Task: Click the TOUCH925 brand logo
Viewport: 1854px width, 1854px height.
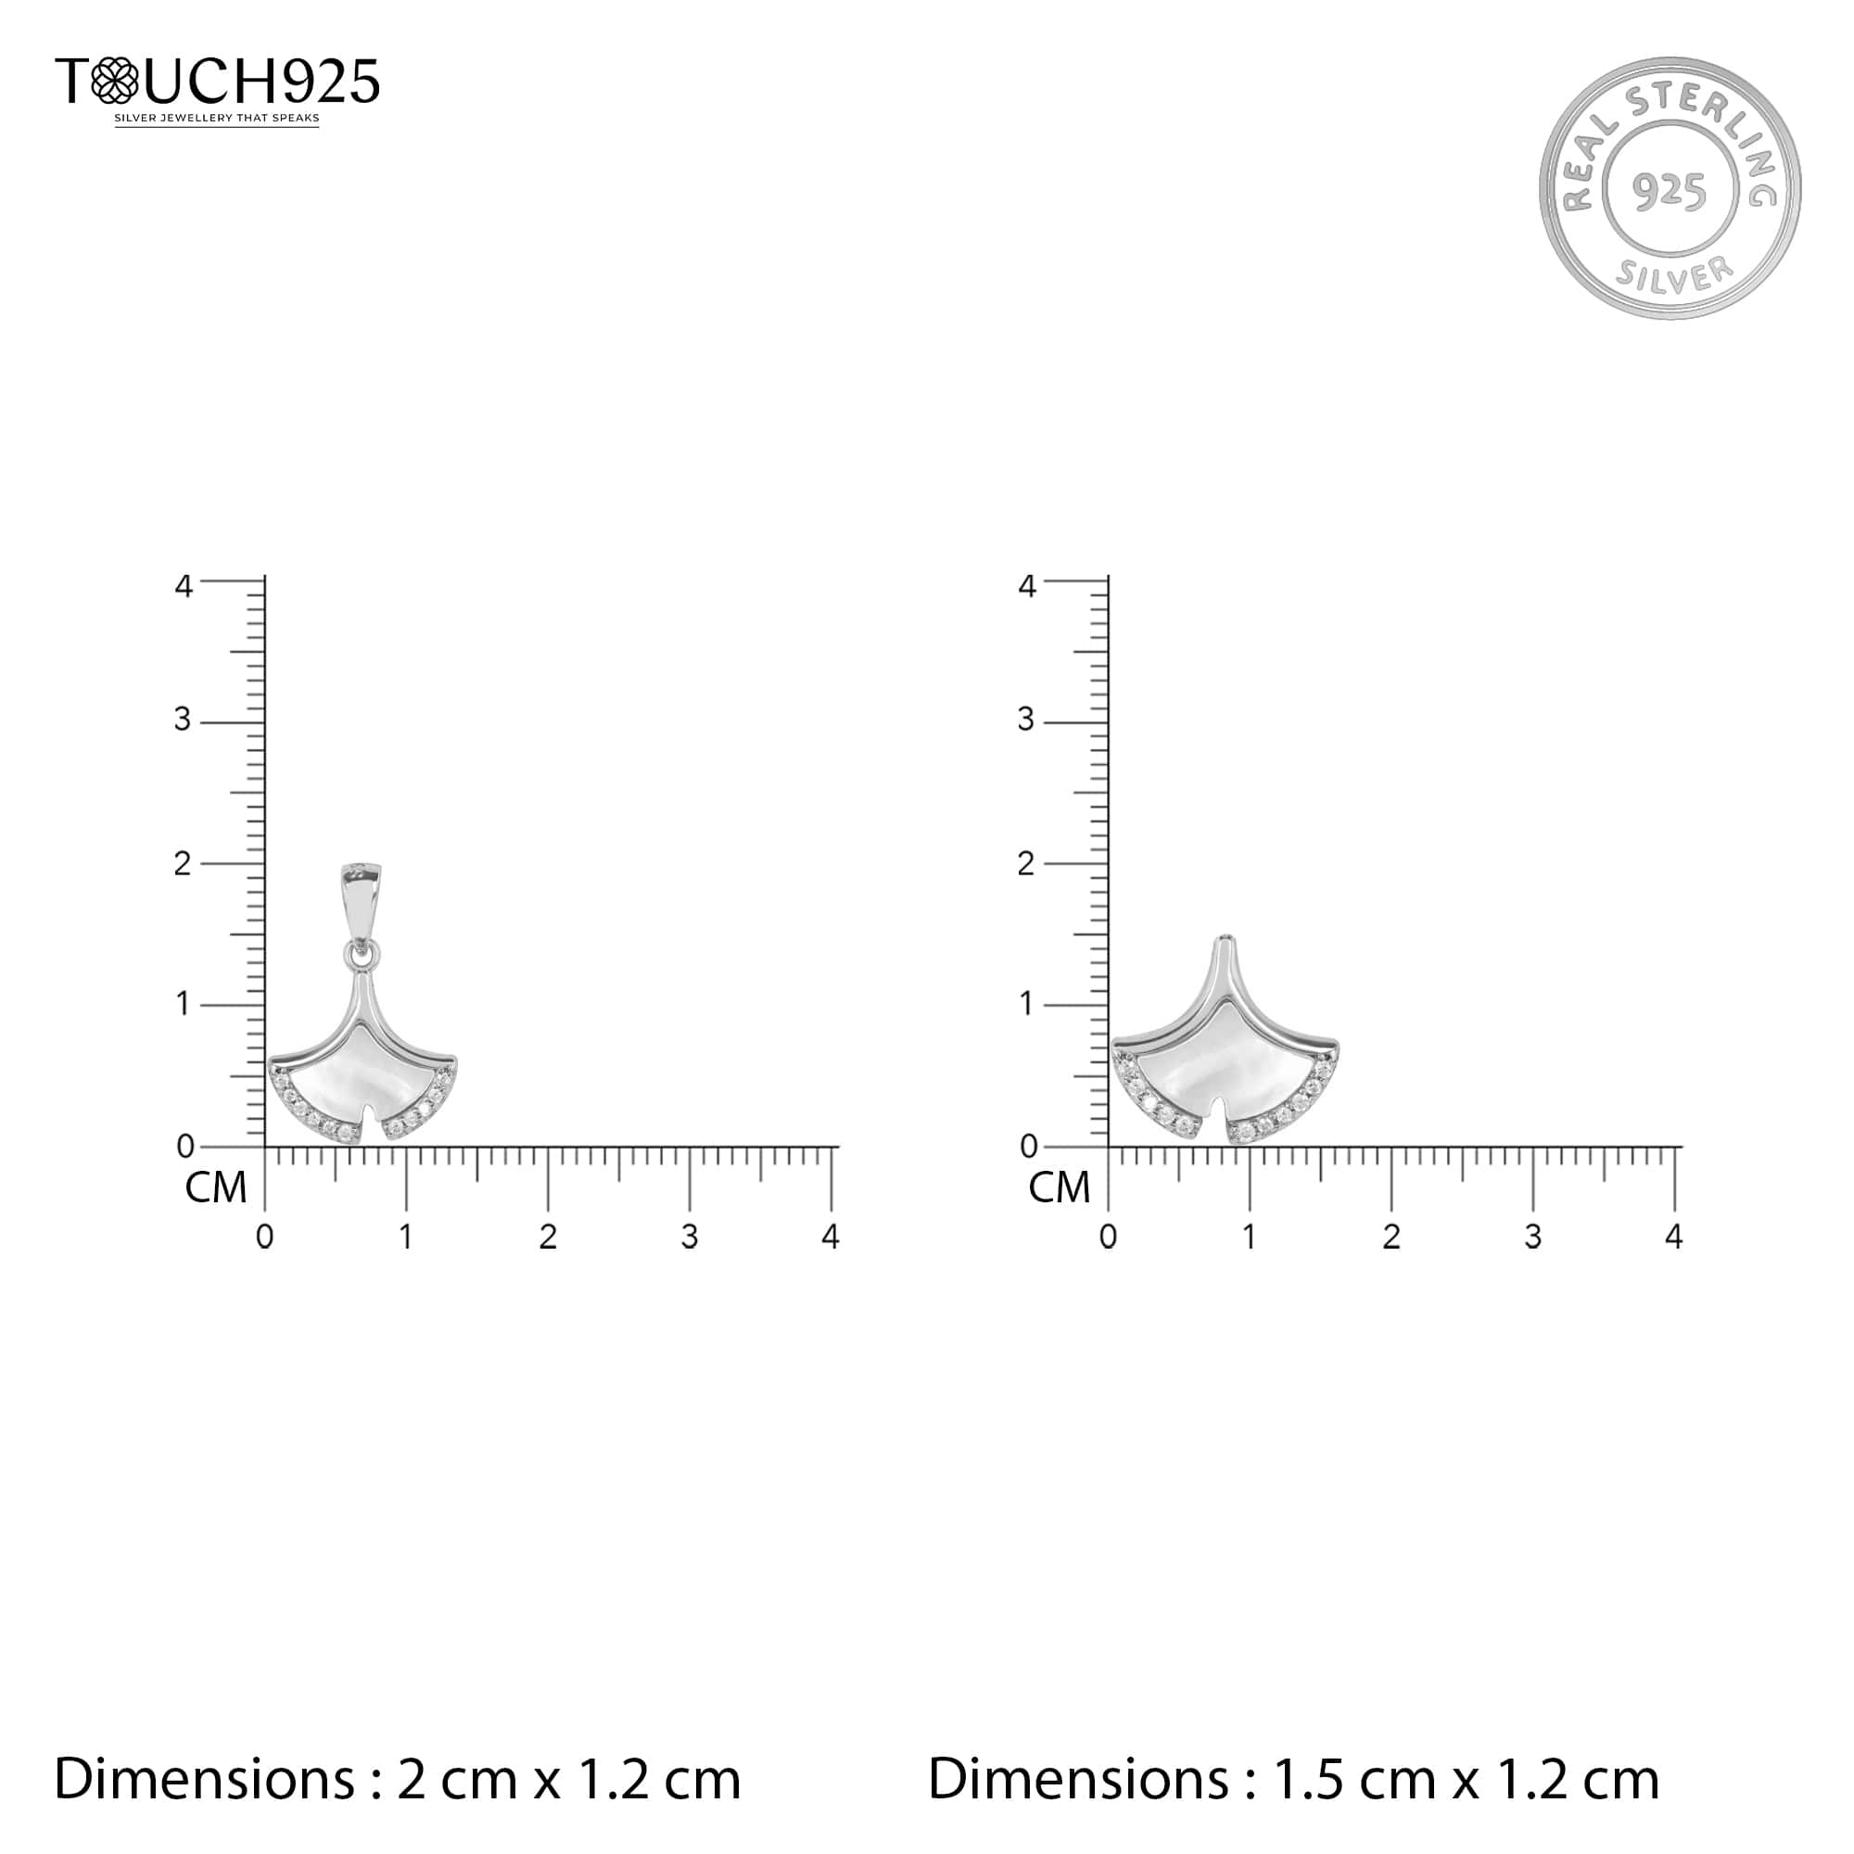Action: click(218, 82)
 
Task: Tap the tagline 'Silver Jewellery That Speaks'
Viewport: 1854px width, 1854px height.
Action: click(217, 118)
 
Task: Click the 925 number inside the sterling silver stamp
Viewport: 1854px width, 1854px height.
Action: click(1670, 191)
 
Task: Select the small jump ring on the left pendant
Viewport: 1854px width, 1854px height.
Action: click(362, 954)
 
